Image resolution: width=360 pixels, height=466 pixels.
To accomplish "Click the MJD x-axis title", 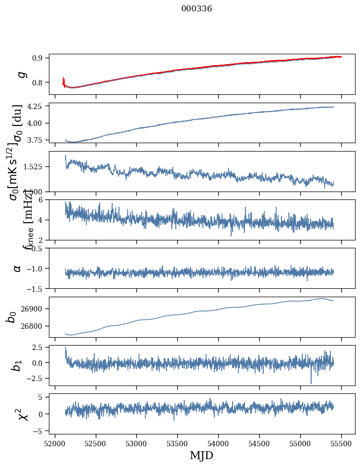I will point(201,455).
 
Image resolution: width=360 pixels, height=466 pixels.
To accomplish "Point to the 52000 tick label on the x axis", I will point(55,443).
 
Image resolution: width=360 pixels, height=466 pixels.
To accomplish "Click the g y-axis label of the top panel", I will point(21,75).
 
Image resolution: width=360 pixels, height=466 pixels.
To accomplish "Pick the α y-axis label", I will point(17,268).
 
